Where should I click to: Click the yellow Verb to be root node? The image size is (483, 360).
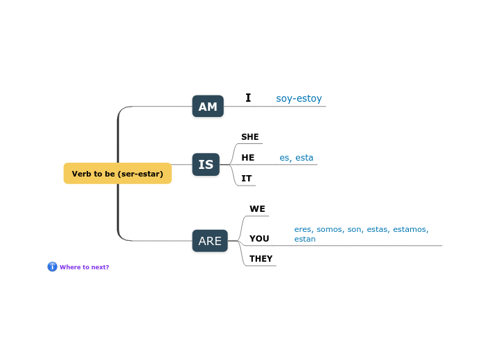click(117, 174)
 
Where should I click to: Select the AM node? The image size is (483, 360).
click(208, 107)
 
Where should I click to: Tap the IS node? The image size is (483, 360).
click(206, 165)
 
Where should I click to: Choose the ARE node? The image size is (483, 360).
click(210, 241)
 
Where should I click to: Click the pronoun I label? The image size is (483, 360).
click(248, 98)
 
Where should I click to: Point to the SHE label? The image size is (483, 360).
click(249, 137)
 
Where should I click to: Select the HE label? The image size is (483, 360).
click(247, 158)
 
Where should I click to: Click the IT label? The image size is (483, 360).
click(246, 179)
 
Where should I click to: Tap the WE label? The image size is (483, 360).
click(257, 209)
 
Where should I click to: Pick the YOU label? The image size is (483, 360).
click(259, 239)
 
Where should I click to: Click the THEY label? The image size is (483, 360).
click(261, 259)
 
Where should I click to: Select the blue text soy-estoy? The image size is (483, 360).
click(299, 99)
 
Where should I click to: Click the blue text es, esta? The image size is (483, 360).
click(296, 158)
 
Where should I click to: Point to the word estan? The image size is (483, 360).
click(305, 240)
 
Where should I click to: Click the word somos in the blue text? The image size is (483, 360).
click(330, 229)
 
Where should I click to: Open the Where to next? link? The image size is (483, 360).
click(84, 267)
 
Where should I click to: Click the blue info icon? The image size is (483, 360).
click(52, 267)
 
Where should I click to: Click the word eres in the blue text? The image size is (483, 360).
click(304, 229)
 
